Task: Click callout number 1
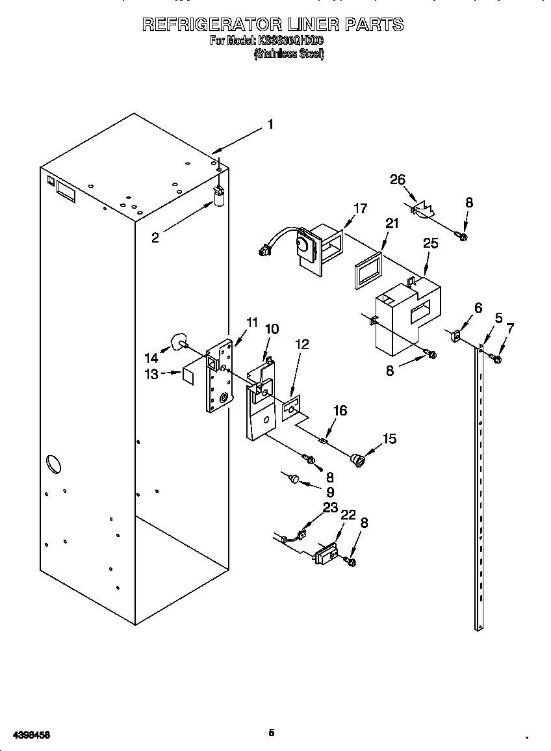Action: pos(270,125)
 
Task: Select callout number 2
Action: pos(155,238)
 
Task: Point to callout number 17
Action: pos(360,209)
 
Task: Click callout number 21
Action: pos(391,224)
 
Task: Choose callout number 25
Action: pos(430,244)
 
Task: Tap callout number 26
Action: pos(398,180)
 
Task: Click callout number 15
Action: pos(389,439)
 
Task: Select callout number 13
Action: pos(151,375)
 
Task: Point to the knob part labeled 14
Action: pos(177,342)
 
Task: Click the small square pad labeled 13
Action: pos(189,375)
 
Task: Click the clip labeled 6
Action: pos(454,336)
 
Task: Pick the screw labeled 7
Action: pos(497,358)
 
